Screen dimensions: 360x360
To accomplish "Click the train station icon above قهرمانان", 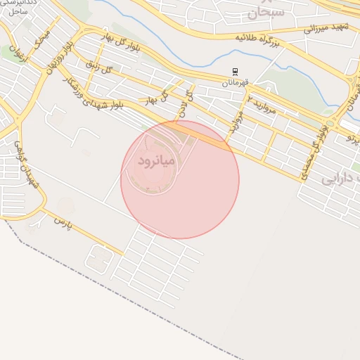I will pyautogui.click(x=236, y=72).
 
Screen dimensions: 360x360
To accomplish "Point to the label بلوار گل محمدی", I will pyautogui.click(x=315, y=151).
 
